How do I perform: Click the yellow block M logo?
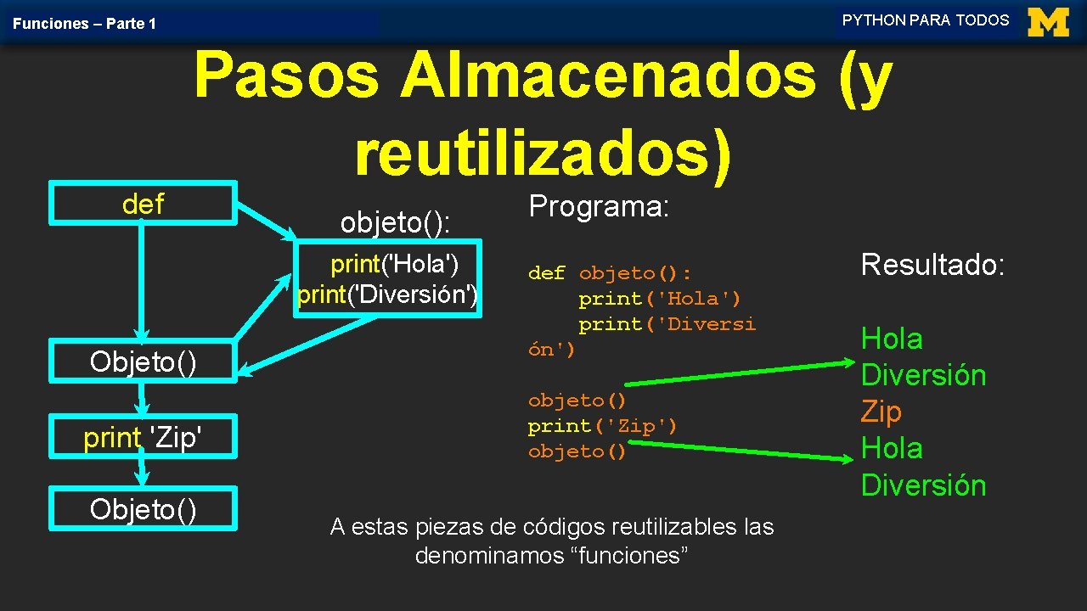point(1048,22)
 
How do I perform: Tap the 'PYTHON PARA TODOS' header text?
point(926,20)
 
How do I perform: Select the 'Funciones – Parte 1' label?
point(84,24)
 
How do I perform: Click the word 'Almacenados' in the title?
point(608,75)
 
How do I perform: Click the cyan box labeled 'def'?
point(143,204)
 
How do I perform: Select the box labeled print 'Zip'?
point(143,438)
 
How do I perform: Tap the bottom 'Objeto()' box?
point(143,509)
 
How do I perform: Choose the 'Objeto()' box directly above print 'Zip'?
point(143,362)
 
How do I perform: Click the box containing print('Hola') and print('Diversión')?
point(388,279)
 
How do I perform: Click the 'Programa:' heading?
point(600,206)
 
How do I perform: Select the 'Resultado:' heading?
point(932,265)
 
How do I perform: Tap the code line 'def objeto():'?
point(610,273)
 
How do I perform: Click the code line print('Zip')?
point(602,426)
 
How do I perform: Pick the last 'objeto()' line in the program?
point(577,451)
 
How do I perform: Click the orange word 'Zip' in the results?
point(881,412)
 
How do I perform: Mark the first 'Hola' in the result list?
point(892,339)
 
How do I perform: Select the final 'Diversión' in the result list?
point(923,485)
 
